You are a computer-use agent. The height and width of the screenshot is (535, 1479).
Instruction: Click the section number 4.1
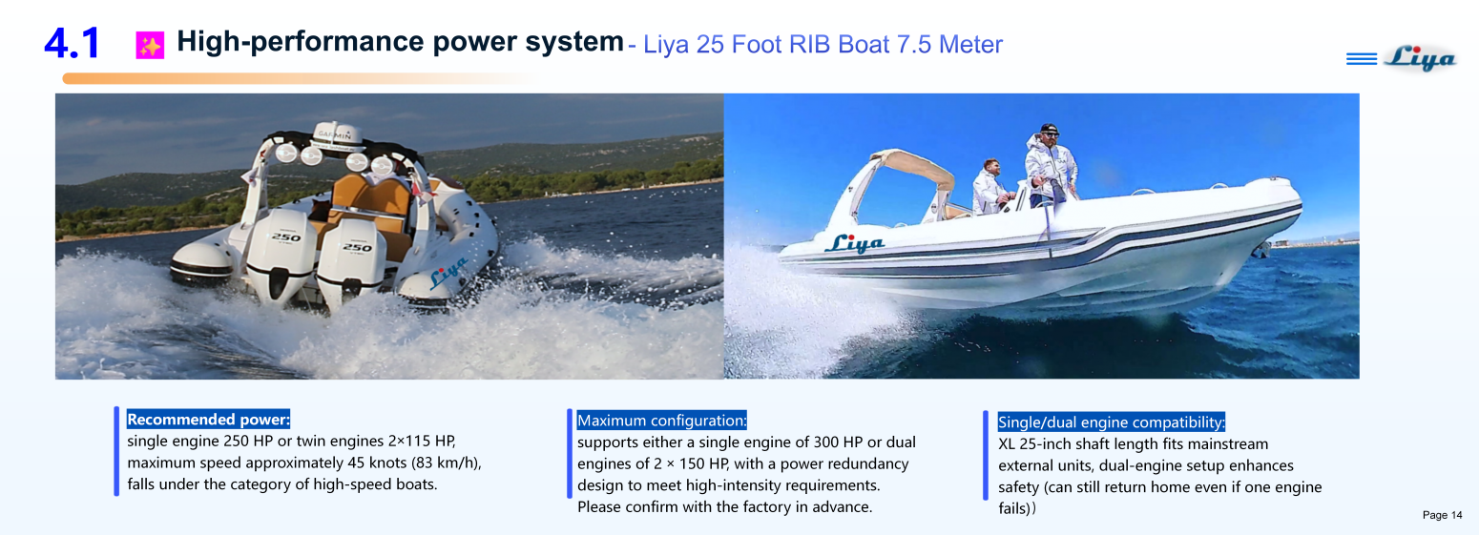(72, 44)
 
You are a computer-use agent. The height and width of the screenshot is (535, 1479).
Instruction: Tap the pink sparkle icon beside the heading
(150, 45)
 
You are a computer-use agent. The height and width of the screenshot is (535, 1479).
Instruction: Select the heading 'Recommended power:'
(208, 420)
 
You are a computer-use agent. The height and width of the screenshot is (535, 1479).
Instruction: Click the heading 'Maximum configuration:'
(661, 421)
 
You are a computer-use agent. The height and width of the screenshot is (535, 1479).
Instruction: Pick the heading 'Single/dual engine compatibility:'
(1111, 422)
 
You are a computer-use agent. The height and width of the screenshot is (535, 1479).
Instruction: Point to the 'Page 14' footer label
(1442, 516)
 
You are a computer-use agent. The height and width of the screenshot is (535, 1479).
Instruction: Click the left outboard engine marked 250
(281, 252)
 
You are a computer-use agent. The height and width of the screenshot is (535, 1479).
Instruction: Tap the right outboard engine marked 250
(354, 257)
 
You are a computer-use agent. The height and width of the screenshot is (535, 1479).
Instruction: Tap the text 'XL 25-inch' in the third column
(1036, 444)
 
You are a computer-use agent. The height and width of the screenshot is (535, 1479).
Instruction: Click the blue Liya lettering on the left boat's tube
(448, 273)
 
